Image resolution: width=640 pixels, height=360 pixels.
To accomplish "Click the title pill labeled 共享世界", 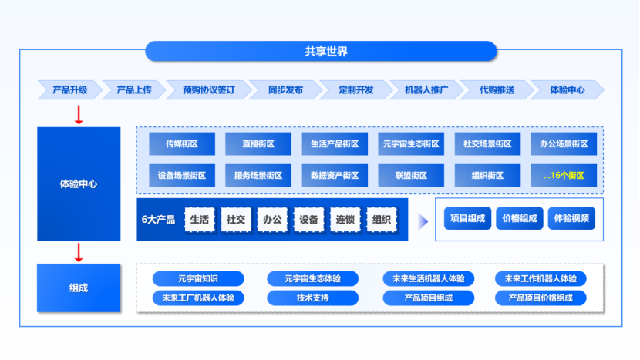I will (x=321, y=52).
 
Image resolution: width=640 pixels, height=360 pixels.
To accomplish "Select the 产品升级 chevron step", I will (x=69, y=90).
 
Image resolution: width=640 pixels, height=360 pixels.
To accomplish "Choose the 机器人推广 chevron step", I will (x=426, y=90).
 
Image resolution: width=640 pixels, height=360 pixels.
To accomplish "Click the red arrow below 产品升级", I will (x=79, y=114).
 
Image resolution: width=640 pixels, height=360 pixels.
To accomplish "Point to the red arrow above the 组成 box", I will (x=79, y=252).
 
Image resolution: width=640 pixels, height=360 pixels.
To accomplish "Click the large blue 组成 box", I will (x=79, y=288).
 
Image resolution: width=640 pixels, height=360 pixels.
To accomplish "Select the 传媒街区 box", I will (x=182, y=144).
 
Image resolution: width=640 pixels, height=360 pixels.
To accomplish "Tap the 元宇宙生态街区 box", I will (x=411, y=144).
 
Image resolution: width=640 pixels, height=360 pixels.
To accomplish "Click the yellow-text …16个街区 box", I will (x=564, y=176).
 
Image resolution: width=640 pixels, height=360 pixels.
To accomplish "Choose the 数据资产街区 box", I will (x=335, y=176).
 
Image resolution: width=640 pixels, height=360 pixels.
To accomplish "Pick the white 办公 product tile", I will (x=272, y=220).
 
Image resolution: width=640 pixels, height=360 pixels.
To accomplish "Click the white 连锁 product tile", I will (x=345, y=220).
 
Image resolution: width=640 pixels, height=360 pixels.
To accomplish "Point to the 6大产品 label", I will (x=158, y=220).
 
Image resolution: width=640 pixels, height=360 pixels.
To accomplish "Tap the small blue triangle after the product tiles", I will (x=423, y=222).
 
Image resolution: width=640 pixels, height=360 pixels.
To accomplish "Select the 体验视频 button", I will (x=571, y=218).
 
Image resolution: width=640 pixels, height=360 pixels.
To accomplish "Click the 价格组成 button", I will (x=519, y=218).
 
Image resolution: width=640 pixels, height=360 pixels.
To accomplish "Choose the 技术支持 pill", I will (x=312, y=298).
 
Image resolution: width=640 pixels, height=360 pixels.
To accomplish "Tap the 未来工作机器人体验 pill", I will (x=540, y=278).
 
